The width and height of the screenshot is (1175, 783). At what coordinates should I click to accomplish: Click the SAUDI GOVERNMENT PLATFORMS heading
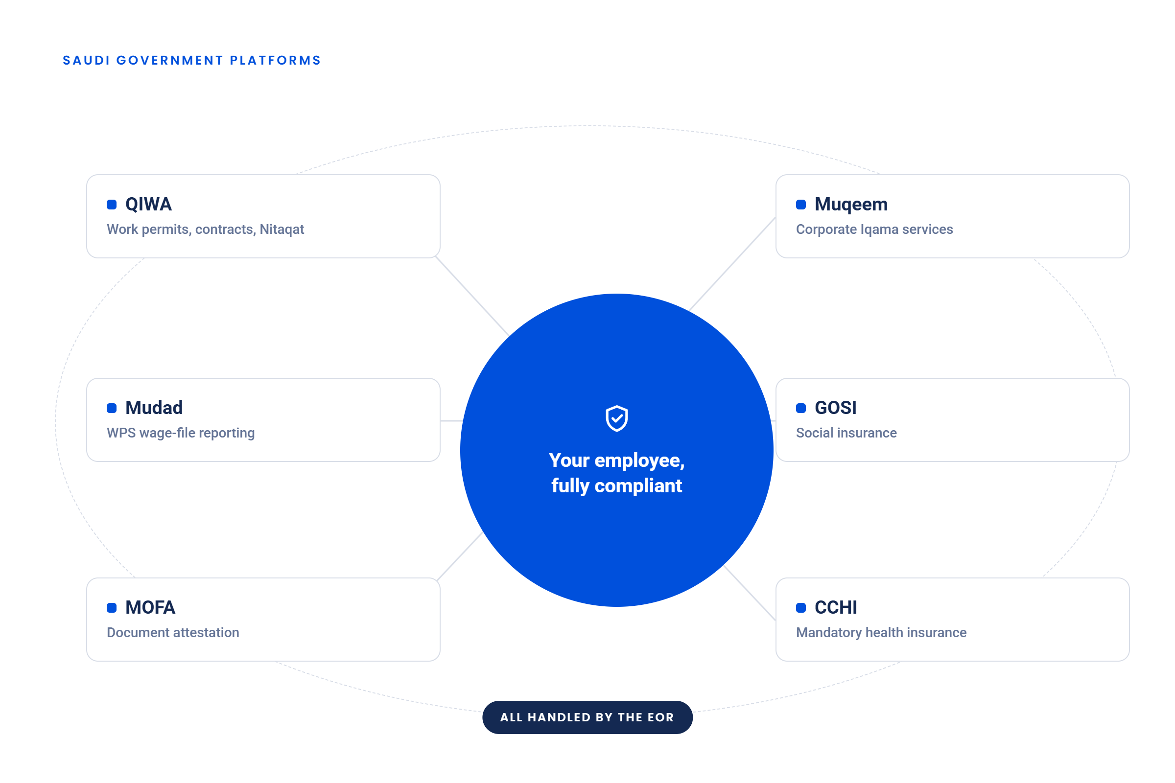pyautogui.click(x=192, y=60)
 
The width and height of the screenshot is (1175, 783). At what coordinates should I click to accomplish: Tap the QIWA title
pyautogui.click(x=148, y=204)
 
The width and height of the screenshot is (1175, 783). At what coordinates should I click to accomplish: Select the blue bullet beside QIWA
pyautogui.click(x=112, y=204)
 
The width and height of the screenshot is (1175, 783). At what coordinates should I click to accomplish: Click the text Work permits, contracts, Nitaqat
pyautogui.click(x=205, y=229)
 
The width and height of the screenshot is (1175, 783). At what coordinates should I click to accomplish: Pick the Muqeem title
pyautogui.click(x=851, y=204)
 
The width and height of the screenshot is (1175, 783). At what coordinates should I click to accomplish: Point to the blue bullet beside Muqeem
pyautogui.click(x=801, y=204)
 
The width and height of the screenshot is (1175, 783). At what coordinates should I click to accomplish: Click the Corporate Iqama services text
pyautogui.click(x=874, y=229)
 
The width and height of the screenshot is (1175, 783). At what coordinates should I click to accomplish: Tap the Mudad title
pyautogui.click(x=154, y=408)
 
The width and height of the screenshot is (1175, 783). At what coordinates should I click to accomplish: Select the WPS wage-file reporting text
pyautogui.click(x=181, y=433)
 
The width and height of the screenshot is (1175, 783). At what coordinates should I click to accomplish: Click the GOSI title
pyautogui.click(x=835, y=408)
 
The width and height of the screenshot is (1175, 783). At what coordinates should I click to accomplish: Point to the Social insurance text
pyautogui.click(x=846, y=433)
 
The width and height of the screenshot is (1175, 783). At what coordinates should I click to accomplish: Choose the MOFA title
pyautogui.click(x=150, y=607)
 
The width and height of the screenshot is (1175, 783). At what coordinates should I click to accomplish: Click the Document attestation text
pyautogui.click(x=173, y=633)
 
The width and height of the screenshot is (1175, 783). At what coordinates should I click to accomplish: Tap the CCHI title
pyautogui.click(x=836, y=607)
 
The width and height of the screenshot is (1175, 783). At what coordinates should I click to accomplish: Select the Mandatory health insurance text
pyautogui.click(x=881, y=633)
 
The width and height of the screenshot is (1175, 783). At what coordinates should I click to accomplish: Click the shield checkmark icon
pyautogui.click(x=617, y=418)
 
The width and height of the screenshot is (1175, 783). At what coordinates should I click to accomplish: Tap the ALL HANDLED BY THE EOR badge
pyautogui.click(x=587, y=717)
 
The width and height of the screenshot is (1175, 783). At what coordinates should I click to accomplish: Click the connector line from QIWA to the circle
pyautogui.click(x=472, y=296)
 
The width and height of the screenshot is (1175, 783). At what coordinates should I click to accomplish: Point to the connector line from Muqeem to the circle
pyautogui.click(x=732, y=264)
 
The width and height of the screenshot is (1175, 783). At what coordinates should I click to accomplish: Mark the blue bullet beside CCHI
pyautogui.click(x=801, y=608)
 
